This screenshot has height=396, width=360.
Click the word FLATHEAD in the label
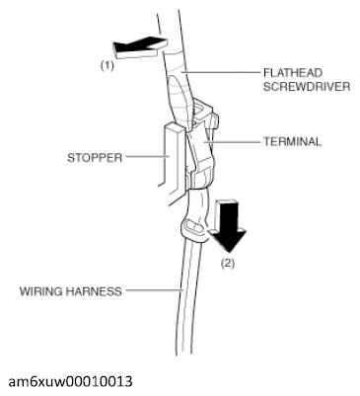(x=290, y=71)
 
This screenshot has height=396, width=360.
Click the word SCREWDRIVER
(x=303, y=86)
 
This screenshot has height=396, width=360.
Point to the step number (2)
(x=229, y=264)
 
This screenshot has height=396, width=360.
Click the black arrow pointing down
(x=227, y=225)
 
